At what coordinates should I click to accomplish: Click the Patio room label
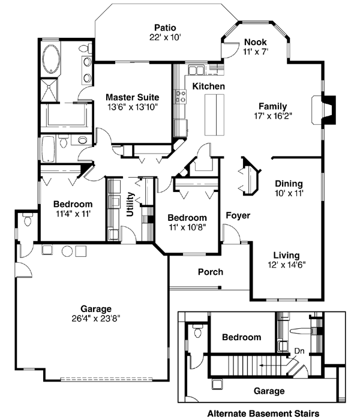(165, 27)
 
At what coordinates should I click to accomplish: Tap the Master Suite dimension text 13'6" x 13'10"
(132, 107)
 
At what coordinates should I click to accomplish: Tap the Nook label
(256, 42)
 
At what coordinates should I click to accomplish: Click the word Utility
(131, 204)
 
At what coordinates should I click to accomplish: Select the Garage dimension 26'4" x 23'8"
(89, 319)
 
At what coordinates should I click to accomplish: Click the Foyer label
(238, 215)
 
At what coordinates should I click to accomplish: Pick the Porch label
(211, 272)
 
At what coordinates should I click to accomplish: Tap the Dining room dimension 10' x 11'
(288, 194)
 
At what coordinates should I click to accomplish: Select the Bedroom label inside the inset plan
(241, 337)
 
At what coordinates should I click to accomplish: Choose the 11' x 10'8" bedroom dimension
(187, 227)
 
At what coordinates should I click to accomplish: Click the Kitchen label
(208, 87)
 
